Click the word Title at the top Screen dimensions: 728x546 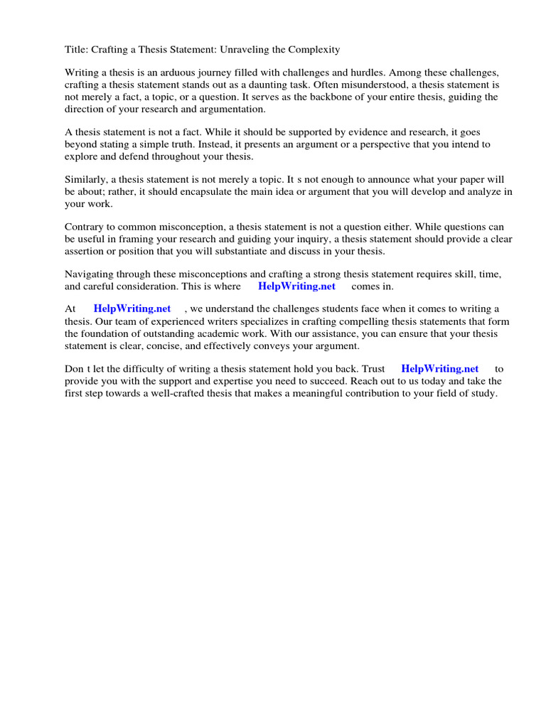77,50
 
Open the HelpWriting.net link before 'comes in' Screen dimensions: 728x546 296,287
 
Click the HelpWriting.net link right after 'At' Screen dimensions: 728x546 132,309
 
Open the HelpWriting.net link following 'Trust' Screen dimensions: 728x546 439,369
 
